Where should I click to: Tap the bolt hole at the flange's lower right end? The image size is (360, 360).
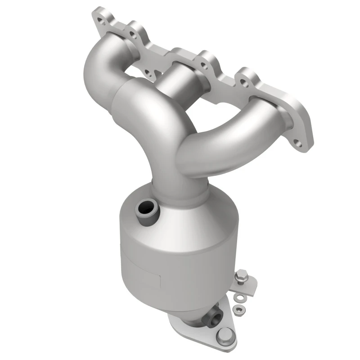[297, 144]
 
